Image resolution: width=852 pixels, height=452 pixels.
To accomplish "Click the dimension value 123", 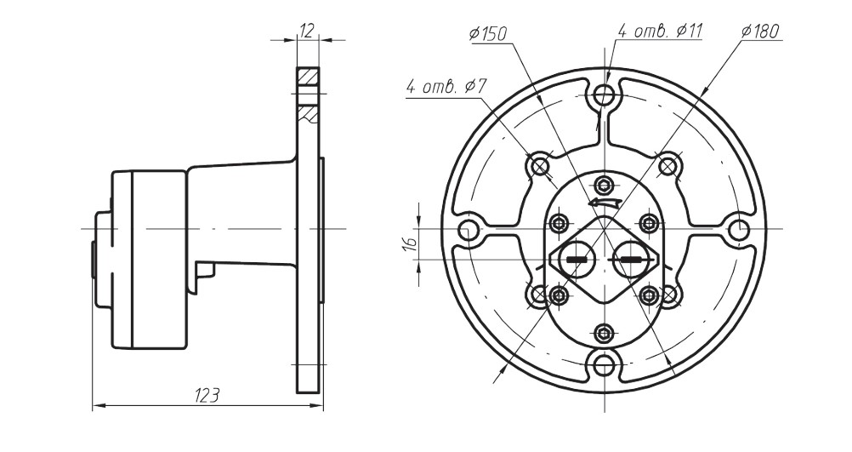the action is (x=207, y=396).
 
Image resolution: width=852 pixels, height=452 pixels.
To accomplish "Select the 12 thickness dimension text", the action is (x=308, y=31).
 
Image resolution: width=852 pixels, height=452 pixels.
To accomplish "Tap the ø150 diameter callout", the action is (x=488, y=34).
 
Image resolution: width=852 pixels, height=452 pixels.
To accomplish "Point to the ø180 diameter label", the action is (x=760, y=31).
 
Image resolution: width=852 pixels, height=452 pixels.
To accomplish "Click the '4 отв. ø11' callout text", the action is (x=659, y=31).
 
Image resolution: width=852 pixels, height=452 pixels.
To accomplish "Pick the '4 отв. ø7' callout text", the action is (x=446, y=86).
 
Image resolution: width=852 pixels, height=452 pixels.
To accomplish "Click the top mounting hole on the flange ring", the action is (x=604, y=96).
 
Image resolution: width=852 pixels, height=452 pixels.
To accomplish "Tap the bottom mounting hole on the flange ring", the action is (x=604, y=365).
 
